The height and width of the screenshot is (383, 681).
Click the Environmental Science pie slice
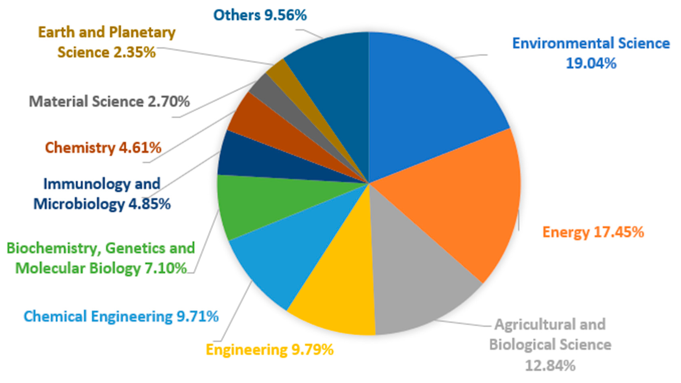(428, 106)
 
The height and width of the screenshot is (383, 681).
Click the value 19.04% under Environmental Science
(591, 63)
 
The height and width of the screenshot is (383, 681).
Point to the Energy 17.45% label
(593, 232)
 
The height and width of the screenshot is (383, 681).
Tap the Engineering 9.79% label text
(270, 350)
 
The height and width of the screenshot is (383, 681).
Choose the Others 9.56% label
(260, 15)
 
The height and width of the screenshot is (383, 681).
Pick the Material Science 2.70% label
(109, 102)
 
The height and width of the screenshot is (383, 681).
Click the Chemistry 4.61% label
(103, 147)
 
